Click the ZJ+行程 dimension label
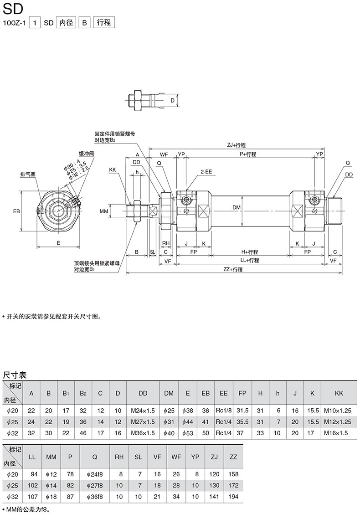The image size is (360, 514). click(x=236, y=145)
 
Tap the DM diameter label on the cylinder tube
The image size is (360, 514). click(x=237, y=207)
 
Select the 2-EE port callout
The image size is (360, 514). click(x=206, y=171)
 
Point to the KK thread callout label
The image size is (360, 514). click(x=113, y=170)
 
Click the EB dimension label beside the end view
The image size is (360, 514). click(x=16, y=211)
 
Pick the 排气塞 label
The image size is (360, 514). click(x=28, y=174)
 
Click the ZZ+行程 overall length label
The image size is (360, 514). click(x=233, y=269)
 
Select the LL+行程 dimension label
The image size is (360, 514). click(x=250, y=260)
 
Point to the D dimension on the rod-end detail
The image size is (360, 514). click(x=172, y=101)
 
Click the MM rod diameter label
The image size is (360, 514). click(x=104, y=211)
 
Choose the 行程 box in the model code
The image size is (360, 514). click(x=104, y=22)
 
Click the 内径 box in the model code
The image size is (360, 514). click(x=66, y=22)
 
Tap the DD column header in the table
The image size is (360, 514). click(x=143, y=393)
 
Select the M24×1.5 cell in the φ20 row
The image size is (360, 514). click(x=143, y=411)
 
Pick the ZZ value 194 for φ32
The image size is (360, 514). click(x=233, y=497)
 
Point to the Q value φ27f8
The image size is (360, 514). click(x=95, y=485)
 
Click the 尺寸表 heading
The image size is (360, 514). click(x=15, y=375)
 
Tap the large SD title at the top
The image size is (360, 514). click(x=13, y=9)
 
